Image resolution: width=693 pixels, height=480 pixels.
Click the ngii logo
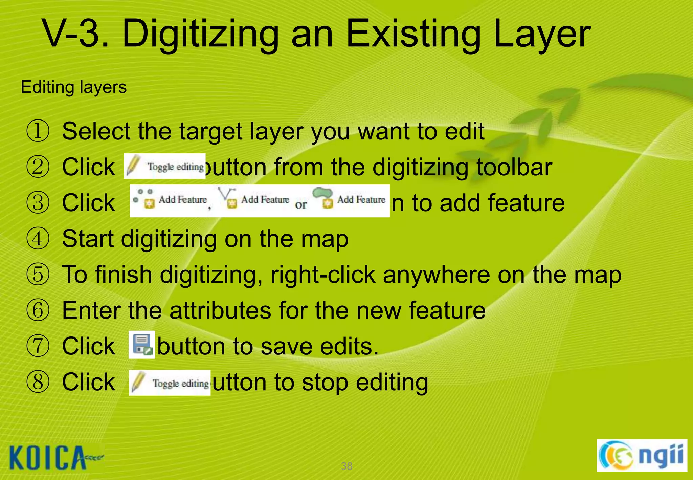click(642, 456)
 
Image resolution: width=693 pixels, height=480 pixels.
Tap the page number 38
click(346, 466)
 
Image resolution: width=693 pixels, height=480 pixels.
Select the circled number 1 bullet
click(38, 131)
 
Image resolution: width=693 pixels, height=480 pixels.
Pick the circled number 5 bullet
click(38, 275)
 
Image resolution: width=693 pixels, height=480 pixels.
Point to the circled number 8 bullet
click(38, 382)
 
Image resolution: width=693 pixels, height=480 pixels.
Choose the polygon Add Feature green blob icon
click(323, 197)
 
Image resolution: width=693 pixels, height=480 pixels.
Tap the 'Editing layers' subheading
click(74, 87)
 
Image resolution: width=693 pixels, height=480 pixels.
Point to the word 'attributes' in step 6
click(220, 310)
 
